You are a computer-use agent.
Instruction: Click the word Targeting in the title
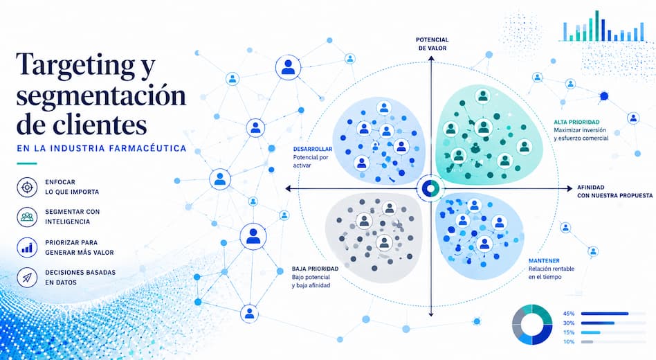coord(75,65)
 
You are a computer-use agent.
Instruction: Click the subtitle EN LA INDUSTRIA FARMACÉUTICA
coord(102,149)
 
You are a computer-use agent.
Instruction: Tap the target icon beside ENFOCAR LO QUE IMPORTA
coord(27,187)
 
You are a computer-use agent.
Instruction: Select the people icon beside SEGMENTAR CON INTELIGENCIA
coord(27,217)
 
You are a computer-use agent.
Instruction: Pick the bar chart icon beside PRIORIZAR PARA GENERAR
coord(27,247)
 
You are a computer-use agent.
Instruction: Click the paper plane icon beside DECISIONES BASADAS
coord(27,277)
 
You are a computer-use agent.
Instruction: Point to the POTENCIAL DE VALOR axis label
coord(432,44)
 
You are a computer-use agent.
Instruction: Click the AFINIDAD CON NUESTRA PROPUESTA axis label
coord(614,192)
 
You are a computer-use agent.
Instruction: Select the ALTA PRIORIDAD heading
coord(576,123)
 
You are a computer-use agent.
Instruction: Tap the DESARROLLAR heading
coord(313,149)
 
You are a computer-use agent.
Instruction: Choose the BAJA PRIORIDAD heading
coord(315,269)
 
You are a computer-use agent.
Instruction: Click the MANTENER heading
coord(544,261)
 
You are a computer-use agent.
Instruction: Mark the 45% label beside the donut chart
coord(569,314)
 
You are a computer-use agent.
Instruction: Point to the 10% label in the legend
coord(569,342)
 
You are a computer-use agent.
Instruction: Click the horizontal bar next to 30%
coord(598,323)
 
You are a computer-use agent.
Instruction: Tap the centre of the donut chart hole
coord(532,325)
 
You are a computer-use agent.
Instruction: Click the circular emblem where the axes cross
coord(431,188)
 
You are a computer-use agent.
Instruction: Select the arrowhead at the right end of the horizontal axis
coord(570,189)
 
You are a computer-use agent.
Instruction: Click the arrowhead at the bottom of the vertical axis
coord(431,314)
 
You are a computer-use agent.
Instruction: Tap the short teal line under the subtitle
coord(27,163)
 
